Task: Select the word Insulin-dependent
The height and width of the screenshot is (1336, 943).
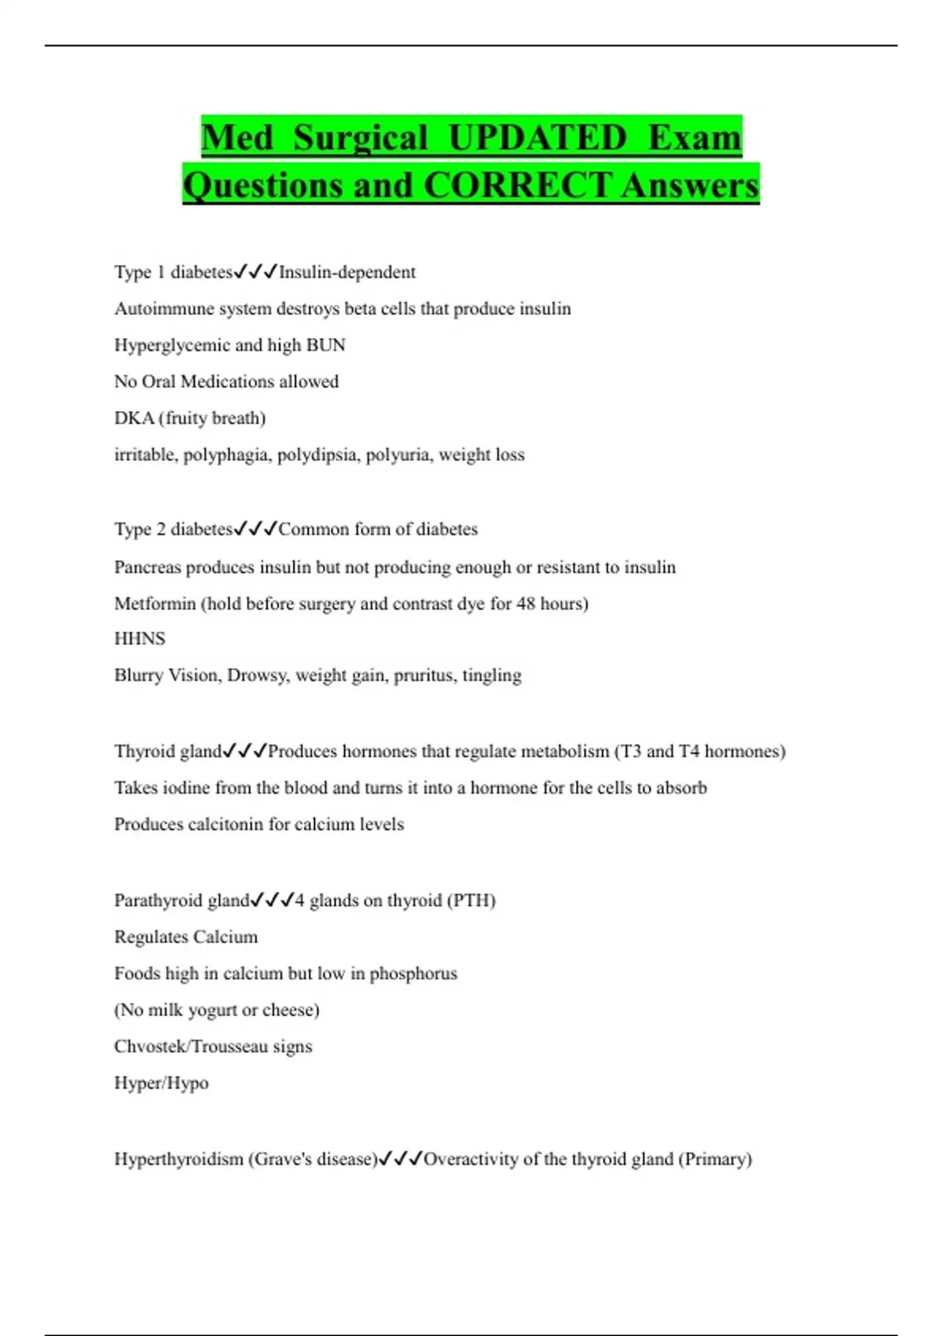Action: click(347, 272)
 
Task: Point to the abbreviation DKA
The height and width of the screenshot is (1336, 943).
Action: click(134, 418)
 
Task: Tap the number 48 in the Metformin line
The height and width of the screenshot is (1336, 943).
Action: click(526, 604)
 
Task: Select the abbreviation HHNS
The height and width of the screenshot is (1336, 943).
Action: click(140, 639)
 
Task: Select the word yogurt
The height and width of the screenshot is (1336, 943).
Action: click(212, 1010)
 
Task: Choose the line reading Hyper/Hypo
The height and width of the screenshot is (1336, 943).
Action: click(161, 1083)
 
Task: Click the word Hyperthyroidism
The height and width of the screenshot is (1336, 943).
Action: click(178, 1159)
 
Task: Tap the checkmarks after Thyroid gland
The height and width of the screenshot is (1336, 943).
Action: click(245, 751)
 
